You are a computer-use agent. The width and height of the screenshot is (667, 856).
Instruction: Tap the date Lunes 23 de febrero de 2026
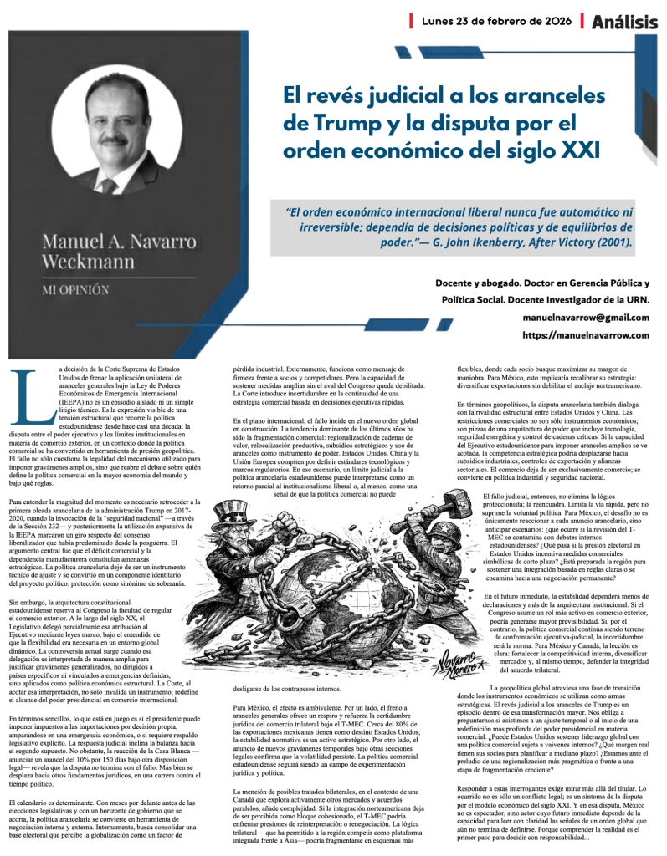(497, 20)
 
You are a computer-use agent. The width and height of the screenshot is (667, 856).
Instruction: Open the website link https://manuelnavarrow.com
(586, 335)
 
